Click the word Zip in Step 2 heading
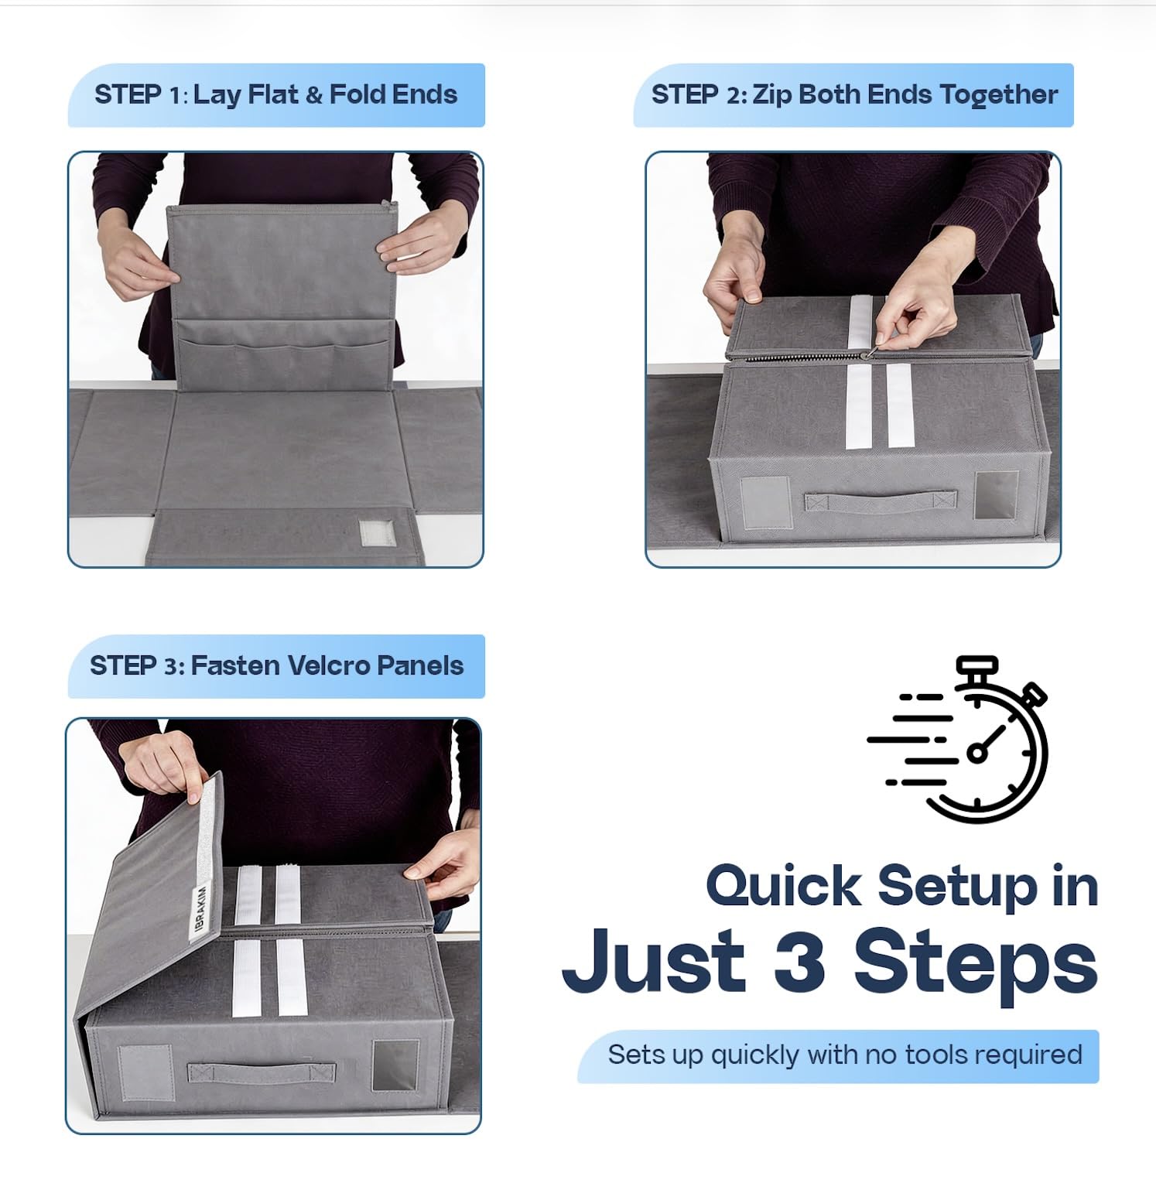click(x=772, y=95)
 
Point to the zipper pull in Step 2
click(x=870, y=354)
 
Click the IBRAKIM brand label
click(x=200, y=908)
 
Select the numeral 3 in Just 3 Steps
click(x=799, y=961)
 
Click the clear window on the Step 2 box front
click(x=997, y=496)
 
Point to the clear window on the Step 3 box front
click(x=395, y=1066)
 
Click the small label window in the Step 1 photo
click(x=377, y=533)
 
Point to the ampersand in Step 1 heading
click(x=314, y=95)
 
